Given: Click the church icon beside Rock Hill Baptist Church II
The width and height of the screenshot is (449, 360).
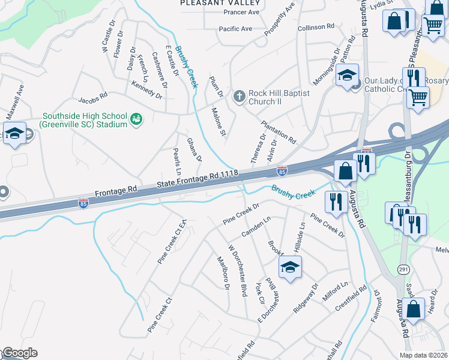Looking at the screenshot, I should [239, 97].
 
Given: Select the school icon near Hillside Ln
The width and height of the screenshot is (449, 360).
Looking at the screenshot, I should [290, 268].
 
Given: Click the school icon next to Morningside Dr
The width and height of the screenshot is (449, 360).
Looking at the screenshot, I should [347, 76].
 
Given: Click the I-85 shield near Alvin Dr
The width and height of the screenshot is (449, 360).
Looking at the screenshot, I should [282, 172].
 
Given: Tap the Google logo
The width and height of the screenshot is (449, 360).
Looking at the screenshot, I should [19, 353].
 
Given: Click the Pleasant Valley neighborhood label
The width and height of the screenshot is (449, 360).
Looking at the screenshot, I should [212, 3].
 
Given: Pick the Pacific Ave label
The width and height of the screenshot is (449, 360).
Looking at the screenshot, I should [235, 29].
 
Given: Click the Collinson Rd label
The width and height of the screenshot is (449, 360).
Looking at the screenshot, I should [316, 28].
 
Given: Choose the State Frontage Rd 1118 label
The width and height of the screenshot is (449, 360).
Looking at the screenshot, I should [198, 179].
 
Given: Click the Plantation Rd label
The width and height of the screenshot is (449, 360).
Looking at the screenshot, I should [278, 132].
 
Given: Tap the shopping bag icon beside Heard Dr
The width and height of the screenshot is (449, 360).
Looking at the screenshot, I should [414, 310].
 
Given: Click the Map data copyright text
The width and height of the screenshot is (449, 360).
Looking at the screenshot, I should [424, 355].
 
